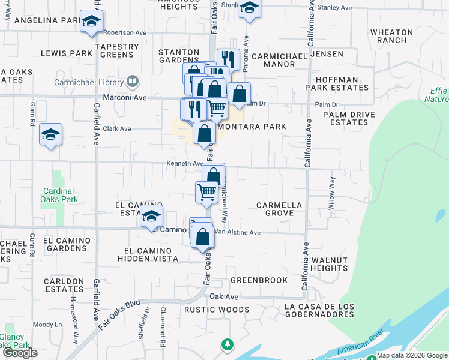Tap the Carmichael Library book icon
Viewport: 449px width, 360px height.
[133, 82]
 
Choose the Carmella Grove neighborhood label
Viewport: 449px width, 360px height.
[279, 209]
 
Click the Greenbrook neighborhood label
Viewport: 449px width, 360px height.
[259, 280]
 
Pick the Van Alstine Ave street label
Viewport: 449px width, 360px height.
[238, 232]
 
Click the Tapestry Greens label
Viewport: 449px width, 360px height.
[112, 50]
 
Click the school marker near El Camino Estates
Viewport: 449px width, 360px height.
[152, 217]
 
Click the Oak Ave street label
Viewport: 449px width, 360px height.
[223, 297]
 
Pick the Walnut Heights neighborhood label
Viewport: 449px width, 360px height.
[330, 264]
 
